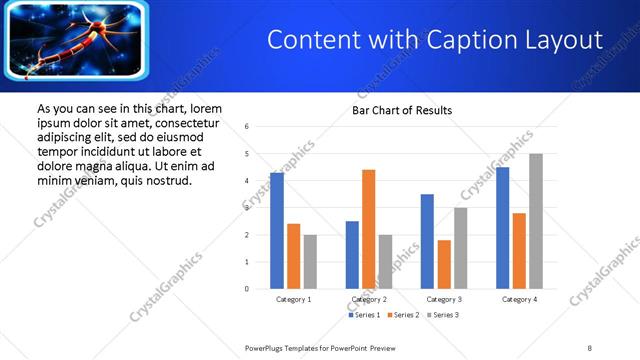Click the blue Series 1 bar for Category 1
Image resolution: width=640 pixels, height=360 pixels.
pyautogui.click(x=277, y=230)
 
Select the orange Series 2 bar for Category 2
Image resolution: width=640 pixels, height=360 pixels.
pyautogui.click(x=368, y=229)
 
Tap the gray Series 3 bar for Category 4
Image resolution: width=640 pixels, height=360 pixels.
pyautogui.click(x=536, y=221)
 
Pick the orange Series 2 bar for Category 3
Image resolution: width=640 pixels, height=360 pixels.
pyautogui.click(x=444, y=264)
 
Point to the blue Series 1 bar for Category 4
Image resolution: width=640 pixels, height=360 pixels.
pyautogui.click(x=502, y=228)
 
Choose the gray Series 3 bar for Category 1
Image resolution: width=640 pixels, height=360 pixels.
pyautogui.click(x=310, y=262)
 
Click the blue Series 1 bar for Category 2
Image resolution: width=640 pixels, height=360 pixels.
pyautogui.click(x=352, y=255)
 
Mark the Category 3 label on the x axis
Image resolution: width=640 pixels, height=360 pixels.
pyautogui.click(x=444, y=299)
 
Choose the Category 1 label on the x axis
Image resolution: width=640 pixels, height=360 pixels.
pyautogui.click(x=293, y=299)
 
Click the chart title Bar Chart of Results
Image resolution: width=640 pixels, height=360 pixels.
pyautogui.click(x=402, y=110)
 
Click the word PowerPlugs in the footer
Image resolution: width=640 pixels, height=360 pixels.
pyautogui.click(x=267, y=347)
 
